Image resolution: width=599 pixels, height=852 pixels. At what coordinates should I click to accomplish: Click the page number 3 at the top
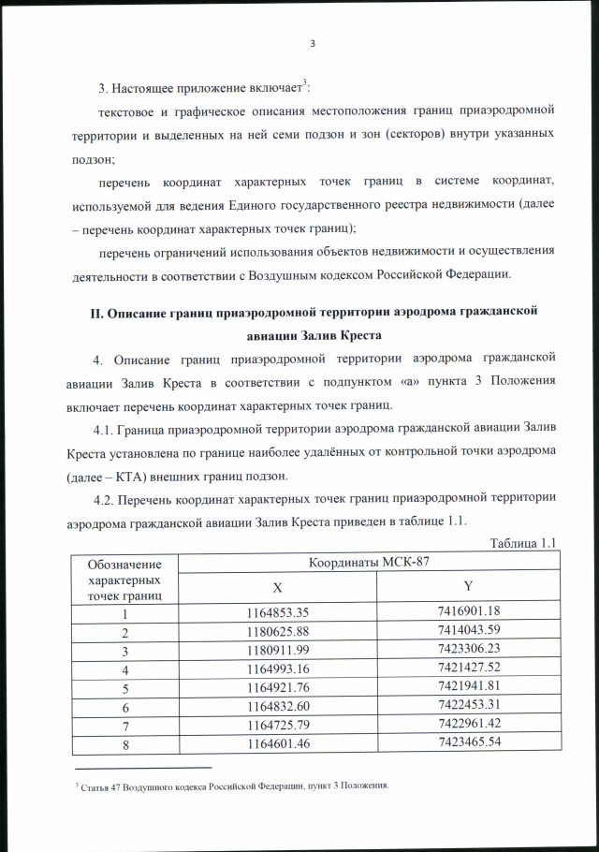313,42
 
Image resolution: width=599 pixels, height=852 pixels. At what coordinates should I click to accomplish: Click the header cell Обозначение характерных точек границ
124,580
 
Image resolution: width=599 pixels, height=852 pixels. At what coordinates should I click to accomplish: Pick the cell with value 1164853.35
276,612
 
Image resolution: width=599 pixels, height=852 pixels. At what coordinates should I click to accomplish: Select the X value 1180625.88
276,632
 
